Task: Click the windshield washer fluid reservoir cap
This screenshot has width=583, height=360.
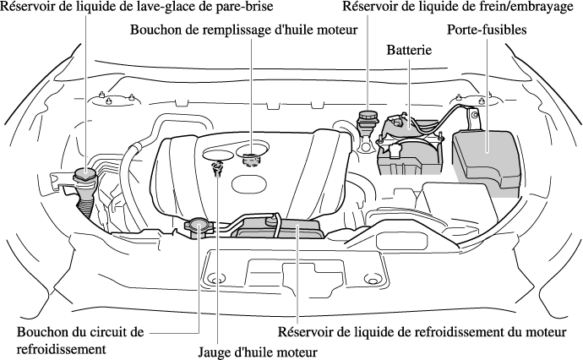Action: (85, 174)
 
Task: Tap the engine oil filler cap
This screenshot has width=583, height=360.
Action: (250, 159)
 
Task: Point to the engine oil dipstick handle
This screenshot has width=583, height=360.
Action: (216, 167)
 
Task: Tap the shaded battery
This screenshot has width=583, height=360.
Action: (410, 145)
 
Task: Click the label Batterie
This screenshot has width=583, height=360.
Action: (409, 50)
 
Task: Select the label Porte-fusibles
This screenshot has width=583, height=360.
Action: (487, 30)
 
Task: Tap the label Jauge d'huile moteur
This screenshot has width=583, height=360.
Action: (258, 352)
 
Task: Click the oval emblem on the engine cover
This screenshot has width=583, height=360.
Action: (249, 183)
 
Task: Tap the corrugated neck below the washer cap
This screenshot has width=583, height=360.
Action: (85, 206)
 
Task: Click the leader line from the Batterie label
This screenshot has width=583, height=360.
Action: (410, 93)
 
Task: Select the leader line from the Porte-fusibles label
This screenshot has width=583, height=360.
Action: (487, 95)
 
